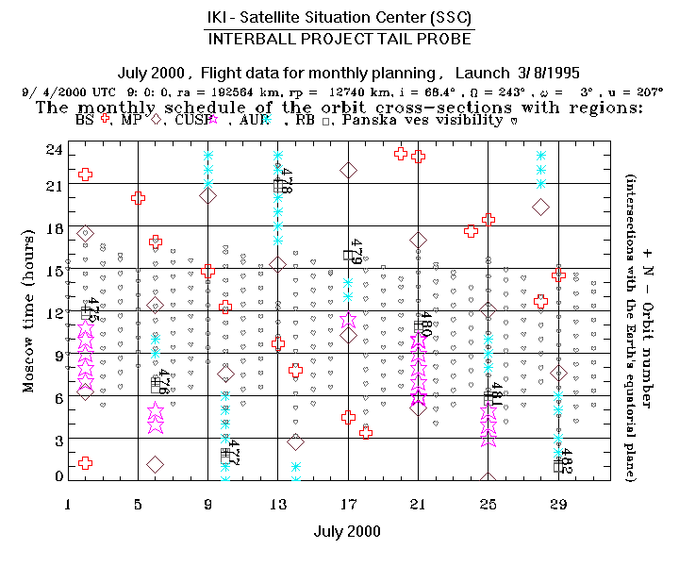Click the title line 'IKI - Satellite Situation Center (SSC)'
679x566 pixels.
[x=339, y=18]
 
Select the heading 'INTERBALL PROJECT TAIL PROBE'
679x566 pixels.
[x=339, y=41]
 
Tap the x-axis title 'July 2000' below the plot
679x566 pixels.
[x=347, y=531]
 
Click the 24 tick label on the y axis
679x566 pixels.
[x=53, y=150]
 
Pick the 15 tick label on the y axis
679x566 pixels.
[x=53, y=271]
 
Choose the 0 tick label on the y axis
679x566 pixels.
[x=58, y=477]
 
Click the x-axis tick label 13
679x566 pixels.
[x=277, y=505]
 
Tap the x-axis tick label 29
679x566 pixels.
[x=558, y=505]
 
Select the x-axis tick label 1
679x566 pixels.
[x=68, y=505]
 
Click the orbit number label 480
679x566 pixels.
[x=425, y=327]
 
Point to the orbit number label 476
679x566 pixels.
[x=164, y=382]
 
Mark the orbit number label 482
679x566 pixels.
[x=566, y=459]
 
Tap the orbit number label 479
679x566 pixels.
[x=356, y=252]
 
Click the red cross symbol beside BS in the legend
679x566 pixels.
[x=118, y=120]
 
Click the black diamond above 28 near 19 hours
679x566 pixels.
[x=540, y=208]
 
